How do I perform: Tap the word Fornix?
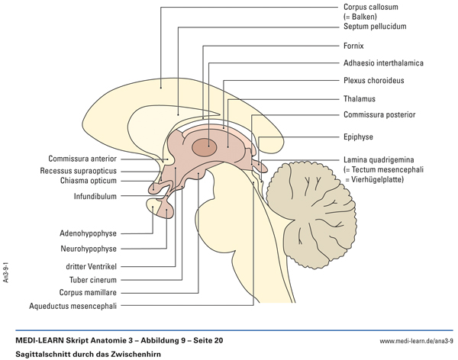(x=353, y=46)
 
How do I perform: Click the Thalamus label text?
(x=359, y=98)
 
